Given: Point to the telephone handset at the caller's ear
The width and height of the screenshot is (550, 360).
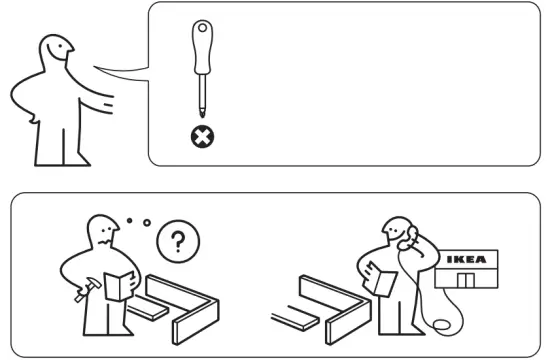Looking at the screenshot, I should (408, 237).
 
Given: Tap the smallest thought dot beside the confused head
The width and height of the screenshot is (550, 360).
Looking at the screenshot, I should (131, 218).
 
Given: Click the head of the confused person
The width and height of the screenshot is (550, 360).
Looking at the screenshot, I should (103, 233).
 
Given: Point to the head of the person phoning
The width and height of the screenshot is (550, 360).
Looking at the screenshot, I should (394, 232).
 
